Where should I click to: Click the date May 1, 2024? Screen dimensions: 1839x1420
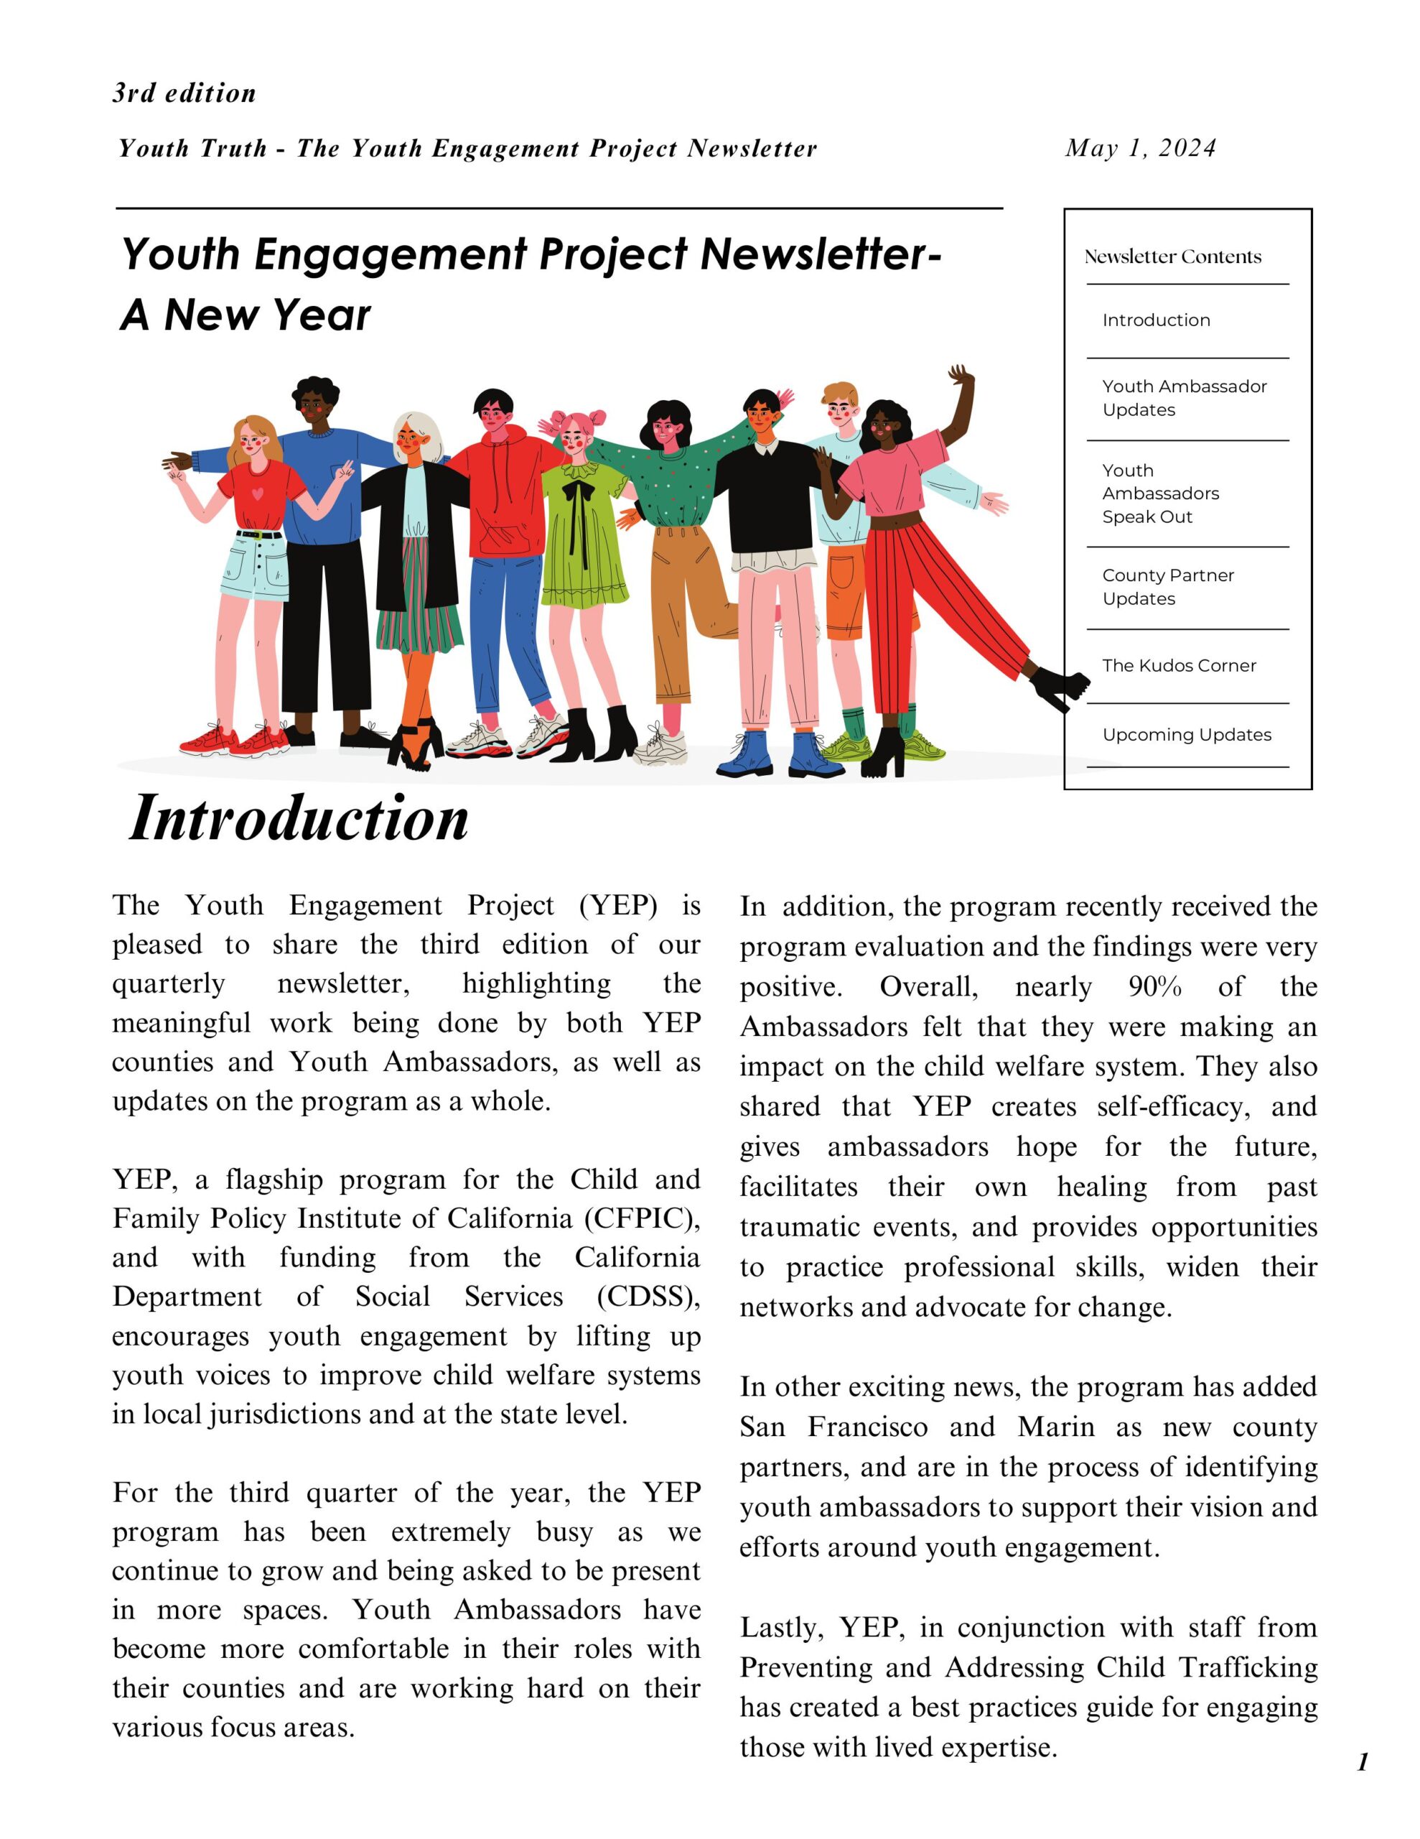coord(1140,148)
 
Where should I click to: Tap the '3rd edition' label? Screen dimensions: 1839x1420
coord(184,93)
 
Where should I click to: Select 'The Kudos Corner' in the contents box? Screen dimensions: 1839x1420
coord(1178,665)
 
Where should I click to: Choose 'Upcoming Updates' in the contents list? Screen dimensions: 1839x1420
coord(1186,734)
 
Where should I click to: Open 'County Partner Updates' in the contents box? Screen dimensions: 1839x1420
coord(1167,587)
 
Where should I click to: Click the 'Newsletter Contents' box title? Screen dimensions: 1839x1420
coord(1172,257)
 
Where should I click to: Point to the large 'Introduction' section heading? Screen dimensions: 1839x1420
coord(299,818)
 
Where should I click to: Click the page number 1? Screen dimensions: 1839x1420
coord(1363,1761)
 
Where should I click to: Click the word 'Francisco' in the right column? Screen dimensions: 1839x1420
coord(867,1427)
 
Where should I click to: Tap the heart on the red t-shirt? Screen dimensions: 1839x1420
coord(258,493)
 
